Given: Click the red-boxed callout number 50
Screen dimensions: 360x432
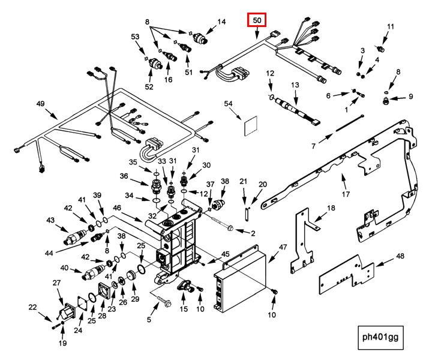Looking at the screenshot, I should coord(257,20).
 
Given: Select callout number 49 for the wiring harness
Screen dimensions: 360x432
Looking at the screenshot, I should coord(41,104).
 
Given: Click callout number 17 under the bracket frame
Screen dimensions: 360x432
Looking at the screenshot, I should coord(345,194).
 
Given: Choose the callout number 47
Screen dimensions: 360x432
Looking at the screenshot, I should coord(283,247).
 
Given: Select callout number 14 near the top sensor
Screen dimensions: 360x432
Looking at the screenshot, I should coord(221,22).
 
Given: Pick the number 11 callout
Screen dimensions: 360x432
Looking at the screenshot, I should coord(391,26).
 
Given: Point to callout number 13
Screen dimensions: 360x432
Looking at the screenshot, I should coord(295,86).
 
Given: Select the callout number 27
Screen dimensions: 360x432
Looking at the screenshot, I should coord(57,283).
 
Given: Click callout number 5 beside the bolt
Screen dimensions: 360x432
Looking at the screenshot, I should coord(148,320).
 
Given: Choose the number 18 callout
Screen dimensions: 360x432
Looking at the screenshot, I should coord(331,208).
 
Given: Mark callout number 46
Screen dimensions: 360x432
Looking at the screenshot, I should coord(117,208).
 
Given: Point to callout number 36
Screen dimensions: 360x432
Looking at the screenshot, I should coord(124,176).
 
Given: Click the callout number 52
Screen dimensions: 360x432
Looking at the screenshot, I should coord(149,87).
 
